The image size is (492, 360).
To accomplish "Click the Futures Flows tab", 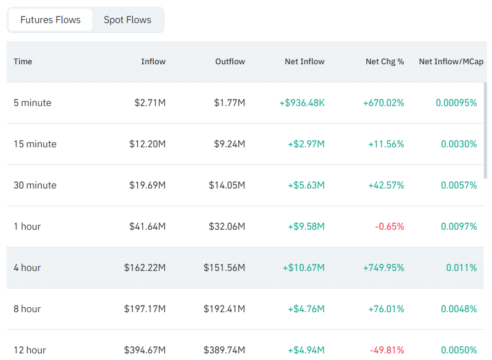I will pos(51,20).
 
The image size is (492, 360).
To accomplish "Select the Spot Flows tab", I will pos(127,20).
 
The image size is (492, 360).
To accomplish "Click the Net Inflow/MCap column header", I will pos(451,62).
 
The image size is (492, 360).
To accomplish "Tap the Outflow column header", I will pos(230,62).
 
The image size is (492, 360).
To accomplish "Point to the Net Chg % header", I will pos(384,62).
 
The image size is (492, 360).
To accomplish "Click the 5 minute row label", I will pos(32,103).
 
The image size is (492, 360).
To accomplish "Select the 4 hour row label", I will pos(27,268).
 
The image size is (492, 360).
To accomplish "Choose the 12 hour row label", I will pos(30,350).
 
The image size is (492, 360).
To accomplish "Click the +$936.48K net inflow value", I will pos(302,103).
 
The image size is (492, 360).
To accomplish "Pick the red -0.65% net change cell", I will pos(389,226).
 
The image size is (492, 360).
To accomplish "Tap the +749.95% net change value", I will pos(383,268).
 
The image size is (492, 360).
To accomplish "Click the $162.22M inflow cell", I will pos(145,268).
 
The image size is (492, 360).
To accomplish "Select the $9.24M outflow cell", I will pos(230,144).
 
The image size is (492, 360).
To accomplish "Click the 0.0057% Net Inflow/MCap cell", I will pos(459,185).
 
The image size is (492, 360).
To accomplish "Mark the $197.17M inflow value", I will pos(145,309).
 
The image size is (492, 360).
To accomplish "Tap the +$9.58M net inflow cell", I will pos(306,226).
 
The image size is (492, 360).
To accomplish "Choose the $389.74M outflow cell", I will pos(225,350).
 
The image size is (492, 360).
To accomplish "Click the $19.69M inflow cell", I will pos(147,185).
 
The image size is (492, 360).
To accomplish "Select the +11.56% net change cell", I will pos(386,144).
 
